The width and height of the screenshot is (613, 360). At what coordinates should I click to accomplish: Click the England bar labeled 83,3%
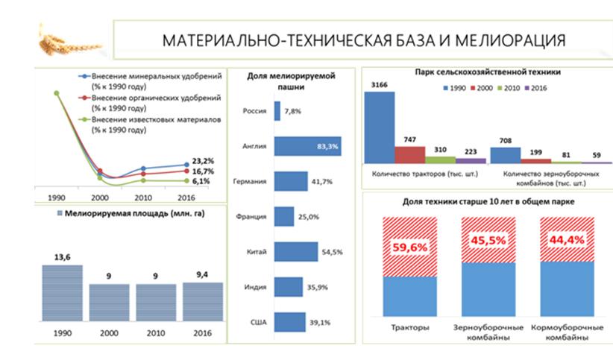point(306,147)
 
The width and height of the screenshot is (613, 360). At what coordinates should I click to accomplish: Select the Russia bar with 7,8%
point(277,111)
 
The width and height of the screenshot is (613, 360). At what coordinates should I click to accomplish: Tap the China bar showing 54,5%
point(296,252)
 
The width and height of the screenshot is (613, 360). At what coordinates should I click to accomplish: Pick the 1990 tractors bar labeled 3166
point(380,127)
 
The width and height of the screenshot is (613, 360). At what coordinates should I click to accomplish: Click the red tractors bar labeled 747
point(409,154)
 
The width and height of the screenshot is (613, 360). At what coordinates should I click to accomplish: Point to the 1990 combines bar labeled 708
point(505,154)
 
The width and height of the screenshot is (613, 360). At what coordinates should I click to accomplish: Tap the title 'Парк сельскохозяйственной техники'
point(488,74)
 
